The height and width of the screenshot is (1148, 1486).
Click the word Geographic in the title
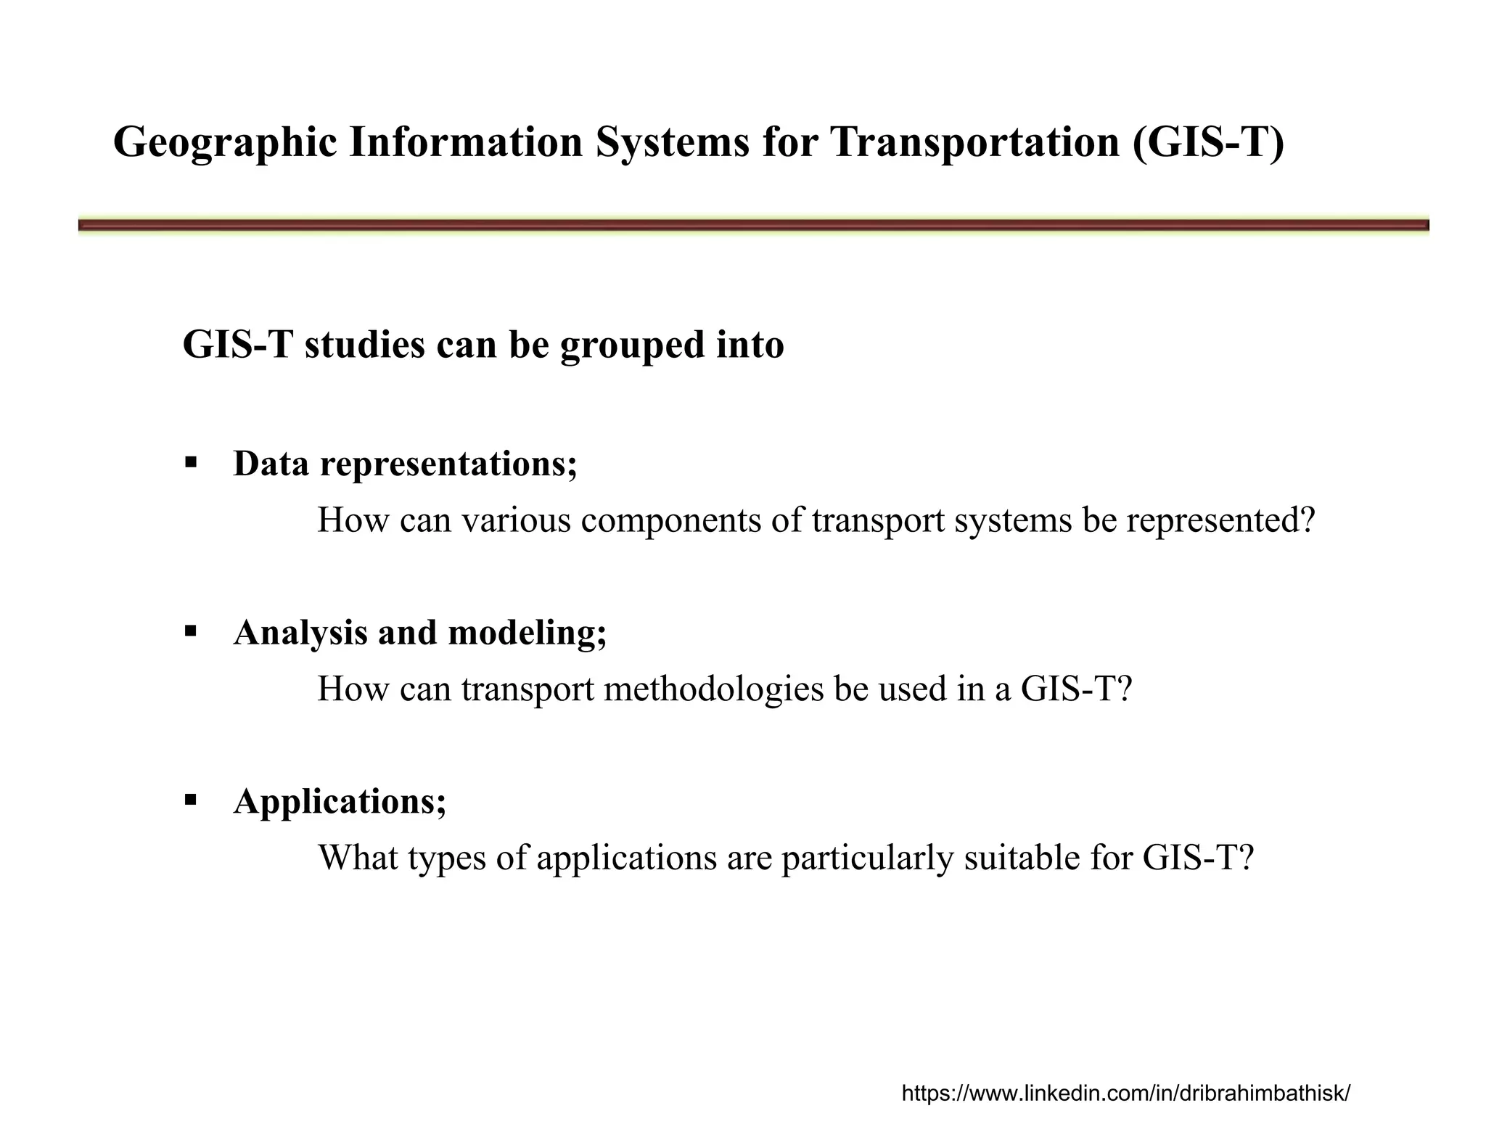click(225, 143)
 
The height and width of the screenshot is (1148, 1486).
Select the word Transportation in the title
click(974, 142)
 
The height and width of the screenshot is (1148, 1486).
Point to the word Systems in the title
click(672, 142)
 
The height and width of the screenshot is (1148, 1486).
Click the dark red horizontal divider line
click(753, 226)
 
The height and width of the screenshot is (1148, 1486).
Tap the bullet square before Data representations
click(191, 462)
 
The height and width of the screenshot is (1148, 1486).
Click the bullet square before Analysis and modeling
click(191, 631)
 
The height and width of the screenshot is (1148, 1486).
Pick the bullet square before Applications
click(191, 800)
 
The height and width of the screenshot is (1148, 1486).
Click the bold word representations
click(448, 464)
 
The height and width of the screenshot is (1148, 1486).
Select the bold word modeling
click(527, 632)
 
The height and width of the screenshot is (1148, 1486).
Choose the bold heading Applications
click(339, 801)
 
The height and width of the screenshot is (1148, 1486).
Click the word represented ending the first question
click(1220, 521)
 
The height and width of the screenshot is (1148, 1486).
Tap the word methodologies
click(714, 689)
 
